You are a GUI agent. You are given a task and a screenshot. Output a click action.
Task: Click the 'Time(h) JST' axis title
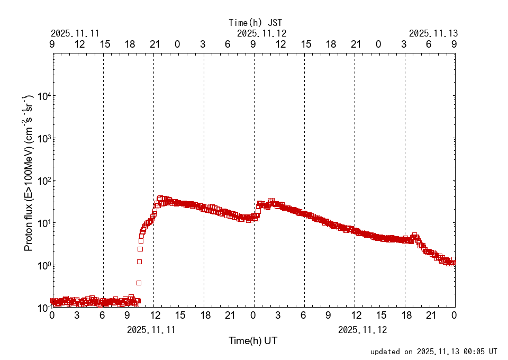pyautogui.click(x=256, y=22)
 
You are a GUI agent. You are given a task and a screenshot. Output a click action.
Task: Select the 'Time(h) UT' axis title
pyautogui.click(x=253, y=341)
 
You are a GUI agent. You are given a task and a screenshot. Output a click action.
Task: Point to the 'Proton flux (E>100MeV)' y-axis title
pyautogui.click(x=29, y=174)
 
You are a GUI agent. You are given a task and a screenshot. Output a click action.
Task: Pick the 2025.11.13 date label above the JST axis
pyautogui.click(x=433, y=33)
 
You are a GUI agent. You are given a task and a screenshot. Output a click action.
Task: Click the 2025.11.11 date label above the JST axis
pyautogui.click(x=75, y=33)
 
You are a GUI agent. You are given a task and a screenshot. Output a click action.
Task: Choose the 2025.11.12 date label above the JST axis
pyautogui.click(x=261, y=33)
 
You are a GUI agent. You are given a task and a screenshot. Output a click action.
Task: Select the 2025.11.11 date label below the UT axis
pyautogui.click(x=151, y=329)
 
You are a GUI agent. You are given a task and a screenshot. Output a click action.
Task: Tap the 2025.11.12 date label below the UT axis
pyautogui.click(x=362, y=329)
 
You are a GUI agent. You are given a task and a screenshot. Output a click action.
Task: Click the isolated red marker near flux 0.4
pyautogui.click(x=139, y=283)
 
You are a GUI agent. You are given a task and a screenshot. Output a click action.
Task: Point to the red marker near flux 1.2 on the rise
pyautogui.click(x=139, y=262)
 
